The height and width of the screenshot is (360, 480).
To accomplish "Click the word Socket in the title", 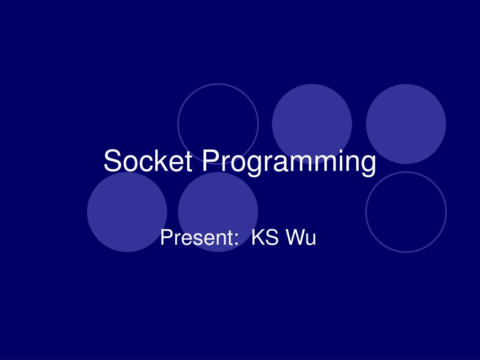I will (148, 161).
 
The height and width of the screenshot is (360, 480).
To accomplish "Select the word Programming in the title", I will (289, 162).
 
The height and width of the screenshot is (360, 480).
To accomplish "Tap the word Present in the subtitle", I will (196, 238).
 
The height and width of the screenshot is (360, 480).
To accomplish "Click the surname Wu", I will (301, 238).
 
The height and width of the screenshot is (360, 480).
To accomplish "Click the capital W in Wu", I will (295, 238).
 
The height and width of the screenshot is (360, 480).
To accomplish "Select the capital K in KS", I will (258, 238).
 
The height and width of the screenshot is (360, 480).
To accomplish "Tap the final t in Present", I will (230, 238).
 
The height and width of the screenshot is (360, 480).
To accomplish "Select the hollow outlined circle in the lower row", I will (406, 212).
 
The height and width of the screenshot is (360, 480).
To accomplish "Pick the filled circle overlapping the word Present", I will (218, 206).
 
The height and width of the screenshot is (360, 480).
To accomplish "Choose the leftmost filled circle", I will (127, 212).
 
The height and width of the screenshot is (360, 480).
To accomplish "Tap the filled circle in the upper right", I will (406, 124).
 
